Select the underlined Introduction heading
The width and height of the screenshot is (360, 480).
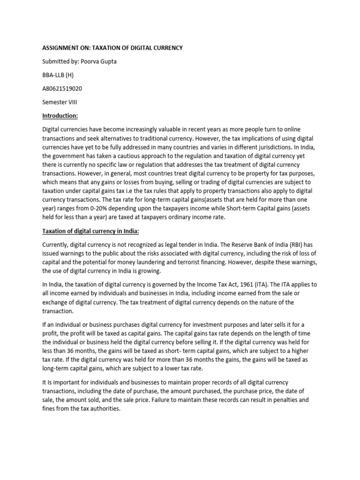point(60,116)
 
